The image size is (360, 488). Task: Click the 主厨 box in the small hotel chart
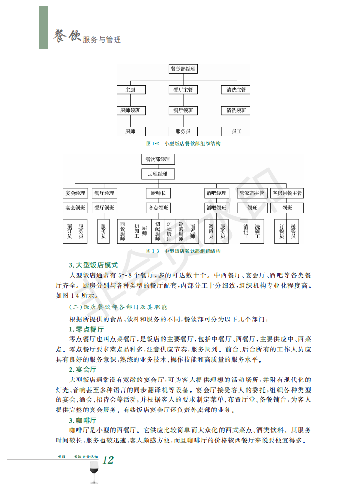click(130, 90)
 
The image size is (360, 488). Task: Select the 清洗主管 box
click(237, 90)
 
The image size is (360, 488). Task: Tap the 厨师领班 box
click(130, 110)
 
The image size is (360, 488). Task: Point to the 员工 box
click(237, 131)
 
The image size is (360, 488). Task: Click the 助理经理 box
click(158, 174)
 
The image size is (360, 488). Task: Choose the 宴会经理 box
click(75, 193)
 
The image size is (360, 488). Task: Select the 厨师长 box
click(158, 193)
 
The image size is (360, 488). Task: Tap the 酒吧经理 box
click(216, 193)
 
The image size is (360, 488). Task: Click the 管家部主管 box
click(252, 193)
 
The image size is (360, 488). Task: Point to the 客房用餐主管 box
click(287, 193)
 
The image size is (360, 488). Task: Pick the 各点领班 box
click(158, 208)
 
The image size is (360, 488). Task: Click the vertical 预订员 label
click(70, 231)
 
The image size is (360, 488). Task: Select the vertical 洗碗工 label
click(258, 231)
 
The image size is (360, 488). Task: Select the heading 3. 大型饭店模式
click(93, 265)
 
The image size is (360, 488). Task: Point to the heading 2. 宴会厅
click(83, 369)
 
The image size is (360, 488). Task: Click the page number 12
click(108, 460)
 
